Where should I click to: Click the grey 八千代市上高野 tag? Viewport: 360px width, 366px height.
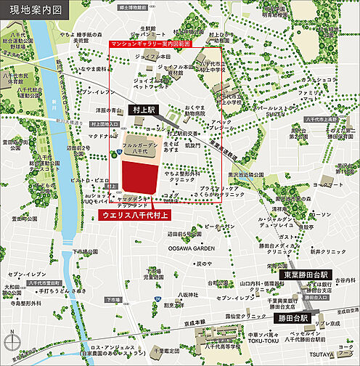tap(335, 118)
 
